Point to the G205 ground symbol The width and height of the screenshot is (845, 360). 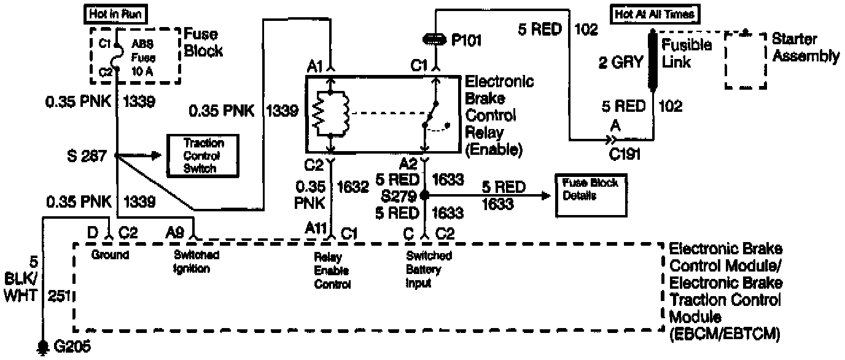43,347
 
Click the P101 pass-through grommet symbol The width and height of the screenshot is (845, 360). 435,40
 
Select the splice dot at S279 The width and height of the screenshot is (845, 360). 423,196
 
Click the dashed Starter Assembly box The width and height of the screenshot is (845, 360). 746,60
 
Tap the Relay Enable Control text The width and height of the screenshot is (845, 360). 332,270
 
